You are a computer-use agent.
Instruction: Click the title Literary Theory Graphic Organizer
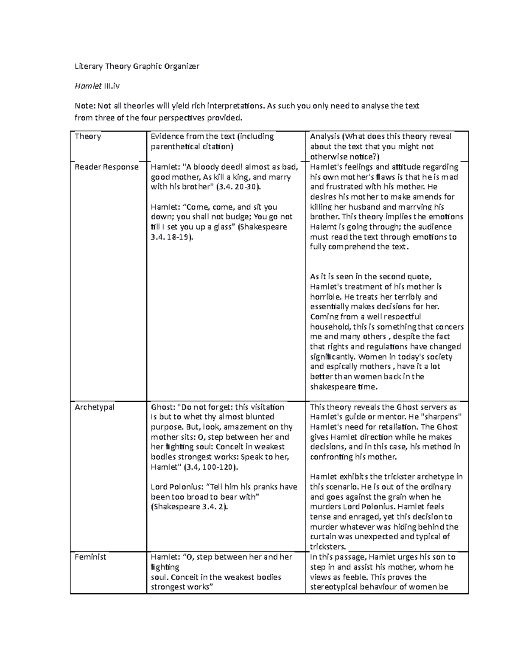click(137, 66)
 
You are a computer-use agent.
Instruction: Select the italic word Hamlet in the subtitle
click(88, 86)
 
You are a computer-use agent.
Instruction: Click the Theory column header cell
click(88, 137)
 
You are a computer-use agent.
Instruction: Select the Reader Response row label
click(106, 167)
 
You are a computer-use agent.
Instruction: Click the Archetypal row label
click(94, 407)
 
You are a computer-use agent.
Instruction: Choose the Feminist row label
click(90, 557)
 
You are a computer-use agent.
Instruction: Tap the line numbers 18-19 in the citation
click(177, 238)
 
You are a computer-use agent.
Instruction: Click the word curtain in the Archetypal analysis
click(324, 537)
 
